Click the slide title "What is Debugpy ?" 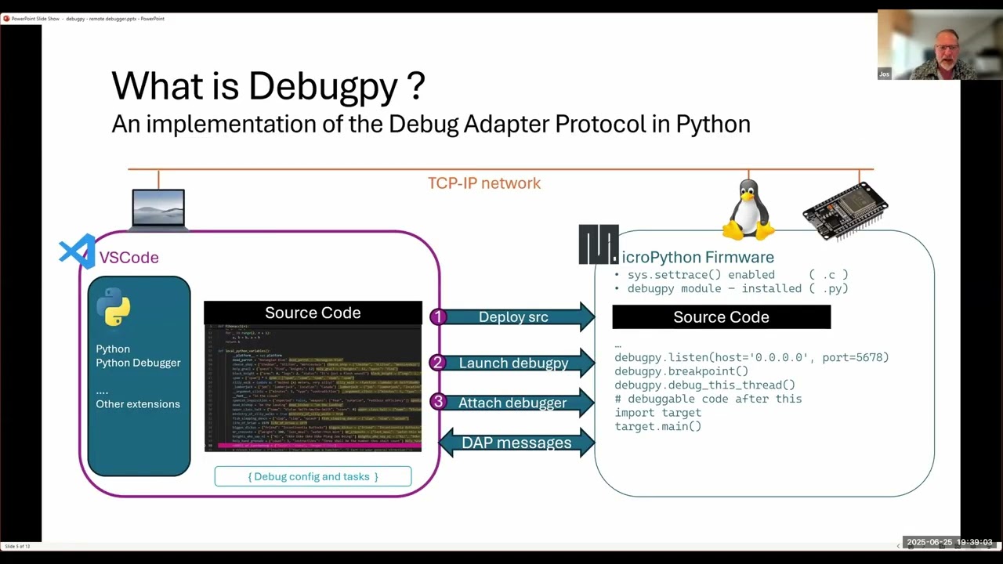point(268,85)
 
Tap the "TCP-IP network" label point(483,183)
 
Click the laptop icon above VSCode point(158,209)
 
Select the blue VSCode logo point(77,252)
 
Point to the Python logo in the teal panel point(114,306)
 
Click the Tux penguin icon point(748,210)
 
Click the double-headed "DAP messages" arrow point(516,443)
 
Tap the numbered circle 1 point(438,316)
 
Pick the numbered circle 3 point(438,402)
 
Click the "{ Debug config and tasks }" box point(313,476)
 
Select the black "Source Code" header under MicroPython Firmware point(721,317)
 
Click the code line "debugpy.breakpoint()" point(681,371)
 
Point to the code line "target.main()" point(657,426)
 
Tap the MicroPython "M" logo point(599,244)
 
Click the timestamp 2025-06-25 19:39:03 point(949,542)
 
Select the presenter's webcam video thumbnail point(939,45)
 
